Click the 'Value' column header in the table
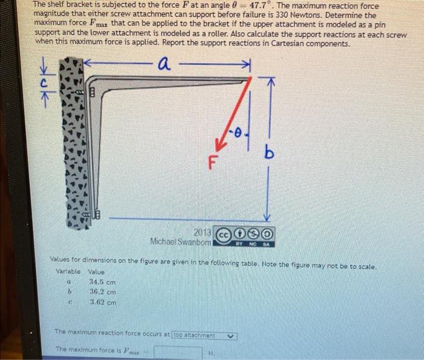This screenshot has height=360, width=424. coord(96,272)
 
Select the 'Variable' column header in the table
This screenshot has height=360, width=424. coord(68,272)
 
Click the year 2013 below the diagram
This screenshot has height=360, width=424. coord(202,233)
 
